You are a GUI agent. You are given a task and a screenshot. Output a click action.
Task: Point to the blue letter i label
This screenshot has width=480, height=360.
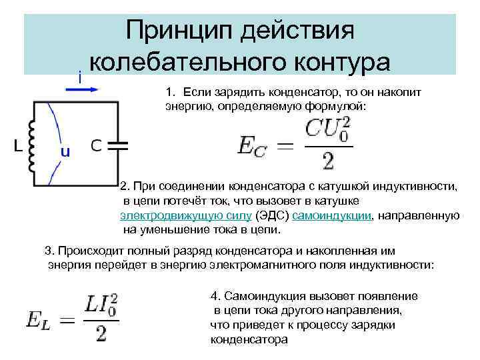click(x=80, y=78)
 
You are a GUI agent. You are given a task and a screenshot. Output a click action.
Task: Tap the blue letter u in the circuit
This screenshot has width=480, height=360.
click(x=65, y=151)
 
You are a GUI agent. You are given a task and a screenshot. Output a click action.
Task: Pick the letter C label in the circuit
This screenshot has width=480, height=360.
click(x=96, y=145)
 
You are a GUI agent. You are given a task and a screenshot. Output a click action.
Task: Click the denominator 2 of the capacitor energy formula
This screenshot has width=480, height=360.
click(x=327, y=160)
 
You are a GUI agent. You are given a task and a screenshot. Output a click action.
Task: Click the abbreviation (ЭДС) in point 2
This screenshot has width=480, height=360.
click(x=273, y=215)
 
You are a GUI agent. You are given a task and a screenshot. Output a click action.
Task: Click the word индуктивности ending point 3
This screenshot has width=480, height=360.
click(x=394, y=265)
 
